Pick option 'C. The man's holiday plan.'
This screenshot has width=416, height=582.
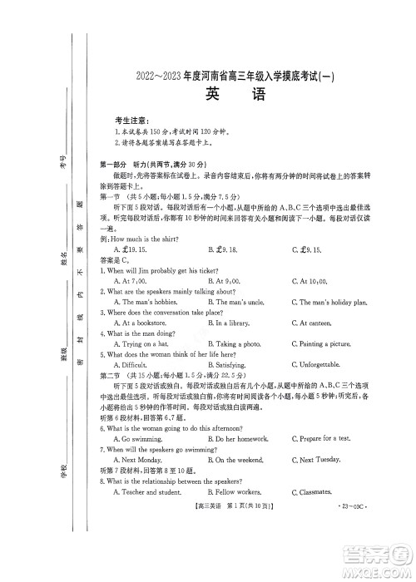[x=329, y=303]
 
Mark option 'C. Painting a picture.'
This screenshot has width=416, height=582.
[x=322, y=343]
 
